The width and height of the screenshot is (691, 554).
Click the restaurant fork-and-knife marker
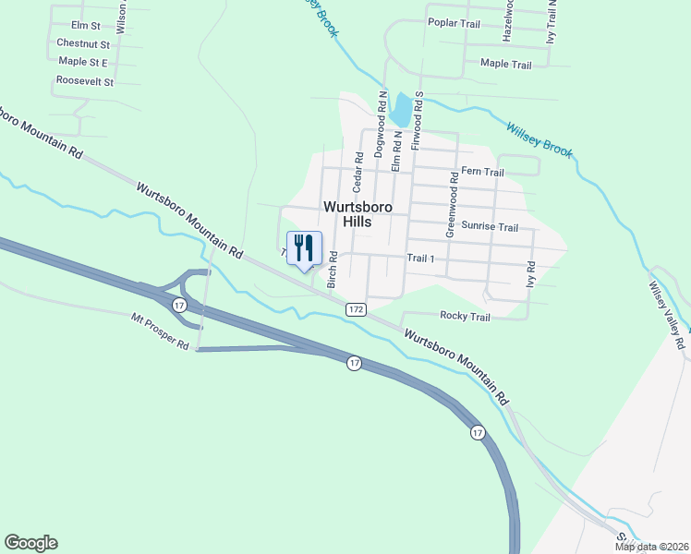click(305, 247)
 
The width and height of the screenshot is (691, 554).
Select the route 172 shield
click(357, 308)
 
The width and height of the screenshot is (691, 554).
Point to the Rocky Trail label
click(465, 317)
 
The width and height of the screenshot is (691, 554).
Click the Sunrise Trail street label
click(490, 226)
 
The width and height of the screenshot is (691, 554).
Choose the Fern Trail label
click(482, 172)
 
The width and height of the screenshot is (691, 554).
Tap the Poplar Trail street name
click(455, 24)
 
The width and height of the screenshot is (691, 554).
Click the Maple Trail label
click(506, 65)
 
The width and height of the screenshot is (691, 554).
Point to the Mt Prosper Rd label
click(160, 331)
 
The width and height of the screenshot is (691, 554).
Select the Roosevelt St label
click(84, 81)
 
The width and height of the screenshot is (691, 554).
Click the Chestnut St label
click(83, 43)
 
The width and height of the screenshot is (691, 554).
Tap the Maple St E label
click(83, 62)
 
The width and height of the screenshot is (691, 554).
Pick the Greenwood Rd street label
click(452, 205)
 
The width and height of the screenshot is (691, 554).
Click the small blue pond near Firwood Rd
click(402, 110)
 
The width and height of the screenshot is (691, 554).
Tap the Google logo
click(30, 543)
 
